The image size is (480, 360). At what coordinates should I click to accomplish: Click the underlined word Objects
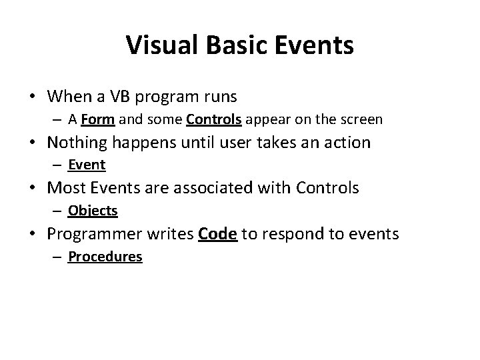pos(93,211)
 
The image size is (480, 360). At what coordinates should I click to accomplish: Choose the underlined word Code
pos(218,234)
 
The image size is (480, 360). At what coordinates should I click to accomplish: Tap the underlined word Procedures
pos(105,257)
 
